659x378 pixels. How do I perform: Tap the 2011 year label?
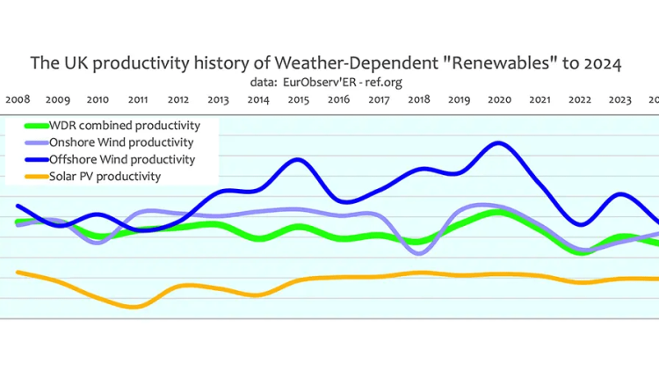point(137,100)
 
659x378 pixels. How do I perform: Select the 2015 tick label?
point(298,100)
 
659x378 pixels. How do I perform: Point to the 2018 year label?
point(419,100)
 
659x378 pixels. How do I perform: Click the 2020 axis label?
point(499,100)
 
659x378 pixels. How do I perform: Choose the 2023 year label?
point(619,100)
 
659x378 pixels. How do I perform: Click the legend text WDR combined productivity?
point(125,126)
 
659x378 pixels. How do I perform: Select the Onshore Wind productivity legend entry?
point(122,142)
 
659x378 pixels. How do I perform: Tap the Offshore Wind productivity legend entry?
point(122,159)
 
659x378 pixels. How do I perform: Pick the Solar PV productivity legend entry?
point(105,176)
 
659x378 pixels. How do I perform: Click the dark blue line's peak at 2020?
point(499,143)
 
